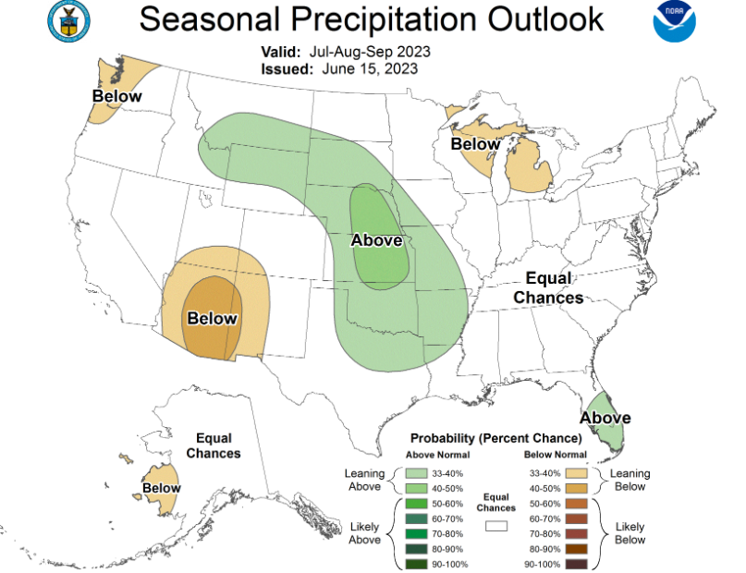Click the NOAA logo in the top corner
[x=674, y=21]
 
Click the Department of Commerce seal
[x=69, y=21]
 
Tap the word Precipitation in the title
[x=384, y=19]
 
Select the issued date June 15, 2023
[x=370, y=69]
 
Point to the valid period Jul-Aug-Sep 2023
[x=370, y=52]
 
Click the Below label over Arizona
[x=213, y=318]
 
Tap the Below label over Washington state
[x=117, y=96]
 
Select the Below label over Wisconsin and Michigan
[x=475, y=143]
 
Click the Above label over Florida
[x=605, y=418]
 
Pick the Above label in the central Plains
[x=377, y=240]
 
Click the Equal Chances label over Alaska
[x=214, y=445]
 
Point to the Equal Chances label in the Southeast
[x=548, y=287]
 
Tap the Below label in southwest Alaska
[x=162, y=488]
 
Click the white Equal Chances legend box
[x=496, y=526]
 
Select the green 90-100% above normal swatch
[x=416, y=565]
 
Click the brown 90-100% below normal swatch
[x=576, y=565]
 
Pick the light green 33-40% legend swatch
[x=416, y=473]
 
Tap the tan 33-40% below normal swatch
[x=576, y=473]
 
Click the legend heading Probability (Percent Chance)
[x=496, y=438]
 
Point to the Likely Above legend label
[x=364, y=533]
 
